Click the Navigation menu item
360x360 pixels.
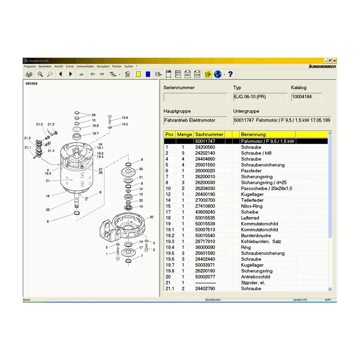click(x=103, y=66)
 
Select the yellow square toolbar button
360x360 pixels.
click(x=138, y=74)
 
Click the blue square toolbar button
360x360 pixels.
click(x=148, y=74)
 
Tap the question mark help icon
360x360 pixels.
click(x=230, y=74)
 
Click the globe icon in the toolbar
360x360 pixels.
click(x=218, y=74)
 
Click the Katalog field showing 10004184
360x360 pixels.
click(x=307, y=97)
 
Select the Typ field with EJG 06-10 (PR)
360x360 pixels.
click(x=260, y=97)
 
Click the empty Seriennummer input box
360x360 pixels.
click(x=195, y=97)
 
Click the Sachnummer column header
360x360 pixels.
click(x=209, y=134)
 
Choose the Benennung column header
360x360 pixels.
click(x=253, y=134)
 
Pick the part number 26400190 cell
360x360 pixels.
click(x=205, y=194)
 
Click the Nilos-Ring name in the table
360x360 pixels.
click(x=252, y=206)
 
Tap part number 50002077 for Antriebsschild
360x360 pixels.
click(x=205, y=277)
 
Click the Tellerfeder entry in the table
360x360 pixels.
click(x=252, y=200)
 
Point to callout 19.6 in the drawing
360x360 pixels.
click(x=125, y=118)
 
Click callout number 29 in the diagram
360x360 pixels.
click(x=94, y=115)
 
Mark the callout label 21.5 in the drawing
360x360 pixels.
click(x=39, y=125)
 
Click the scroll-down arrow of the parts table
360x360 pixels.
click(x=330, y=289)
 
